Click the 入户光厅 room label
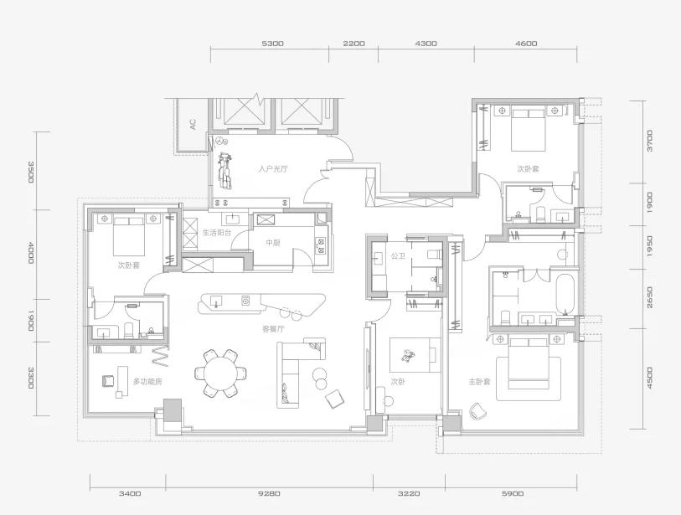(x=273, y=169)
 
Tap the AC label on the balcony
(x=193, y=124)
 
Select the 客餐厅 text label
(x=273, y=329)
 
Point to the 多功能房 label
(x=147, y=382)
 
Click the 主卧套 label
(x=479, y=382)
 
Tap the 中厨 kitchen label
(x=273, y=243)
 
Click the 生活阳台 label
(x=217, y=233)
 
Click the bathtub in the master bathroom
(x=565, y=294)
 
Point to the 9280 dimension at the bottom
(x=269, y=493)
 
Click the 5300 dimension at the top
(x=273, y=44)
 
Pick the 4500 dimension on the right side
(x=650, y=379)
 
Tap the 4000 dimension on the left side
(x=30, y=254)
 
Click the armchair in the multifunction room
(x=108, y=381)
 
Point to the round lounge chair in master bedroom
(x=478, y=411)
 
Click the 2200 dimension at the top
(x=353, y=44)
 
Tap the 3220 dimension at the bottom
(x=409, y=493)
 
